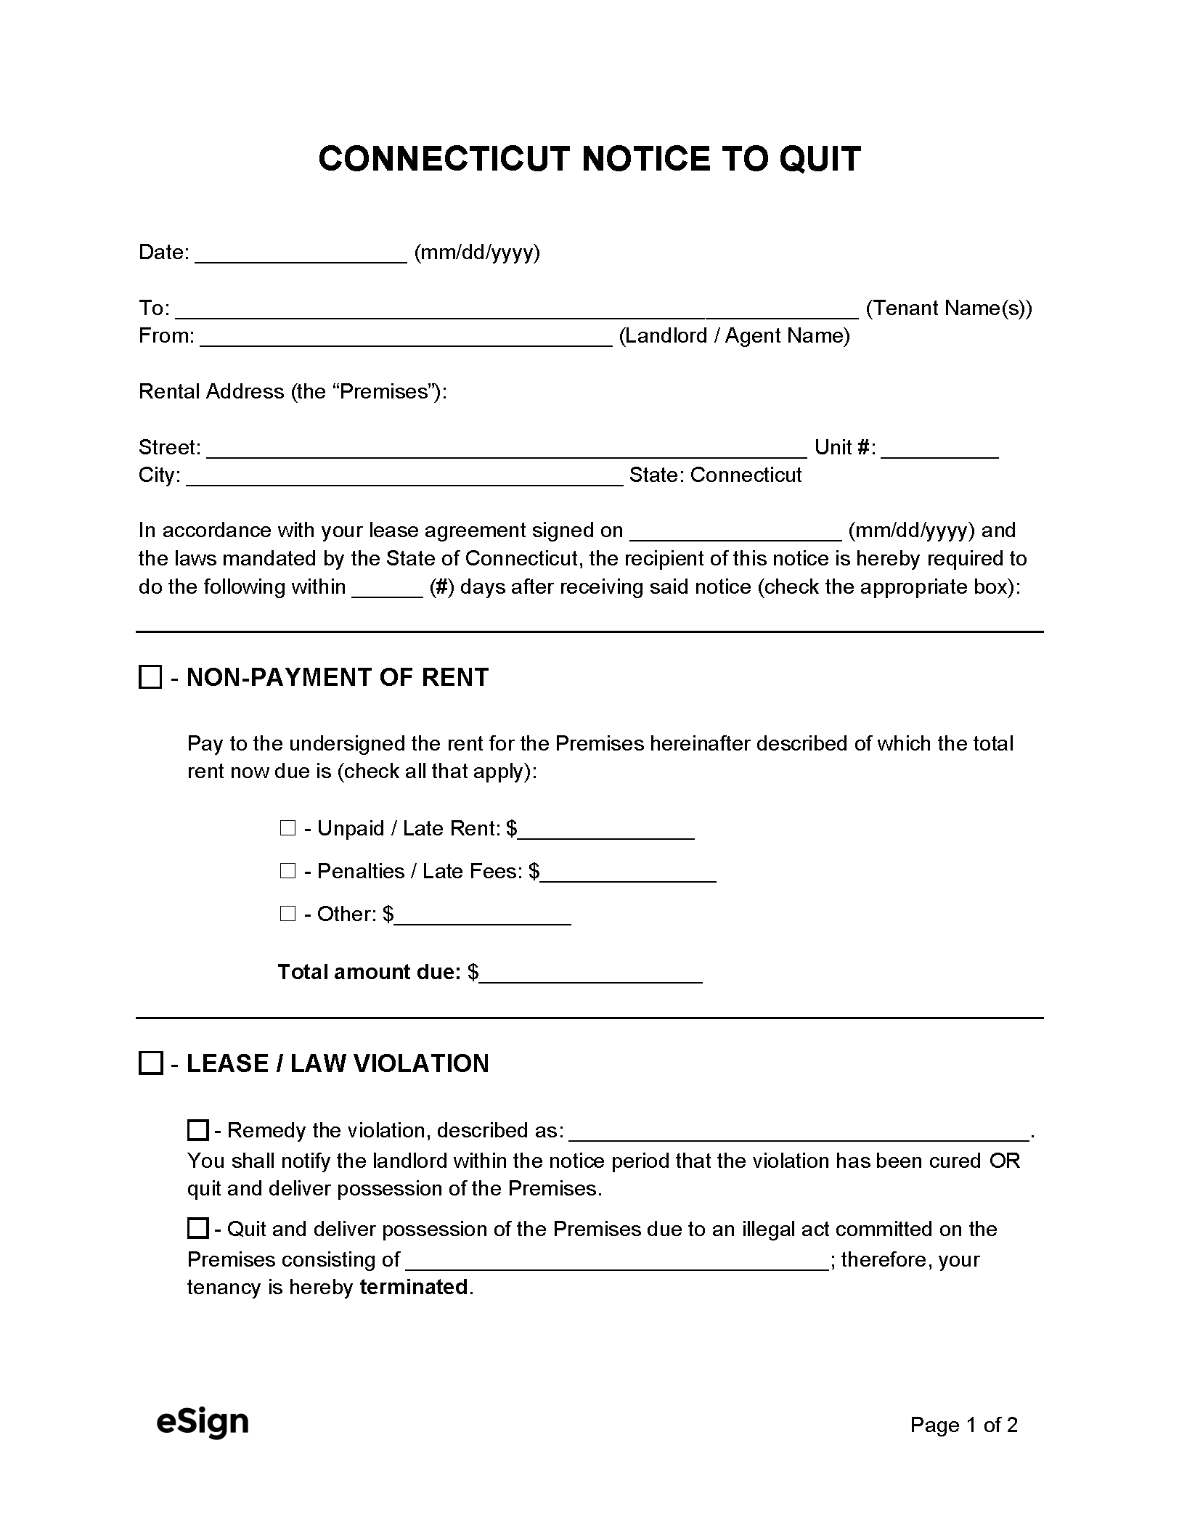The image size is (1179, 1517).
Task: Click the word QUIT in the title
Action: tap(819, 159)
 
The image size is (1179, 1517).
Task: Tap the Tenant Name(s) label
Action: tap(949, 308)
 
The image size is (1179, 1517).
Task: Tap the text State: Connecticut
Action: tap(715, 475)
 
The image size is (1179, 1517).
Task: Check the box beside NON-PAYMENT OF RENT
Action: tap(150, 678)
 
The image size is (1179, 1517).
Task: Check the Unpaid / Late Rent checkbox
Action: tap(287, 828)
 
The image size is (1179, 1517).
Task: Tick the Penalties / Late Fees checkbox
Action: tap(287, 871)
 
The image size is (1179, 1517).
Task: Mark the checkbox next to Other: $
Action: tap(287, 914)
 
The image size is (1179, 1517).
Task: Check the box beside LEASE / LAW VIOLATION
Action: tap(150, 1064)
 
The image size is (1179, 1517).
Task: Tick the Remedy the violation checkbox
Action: tap(197, 1130)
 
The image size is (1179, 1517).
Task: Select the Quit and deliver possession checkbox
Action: tap(197, 1229)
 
